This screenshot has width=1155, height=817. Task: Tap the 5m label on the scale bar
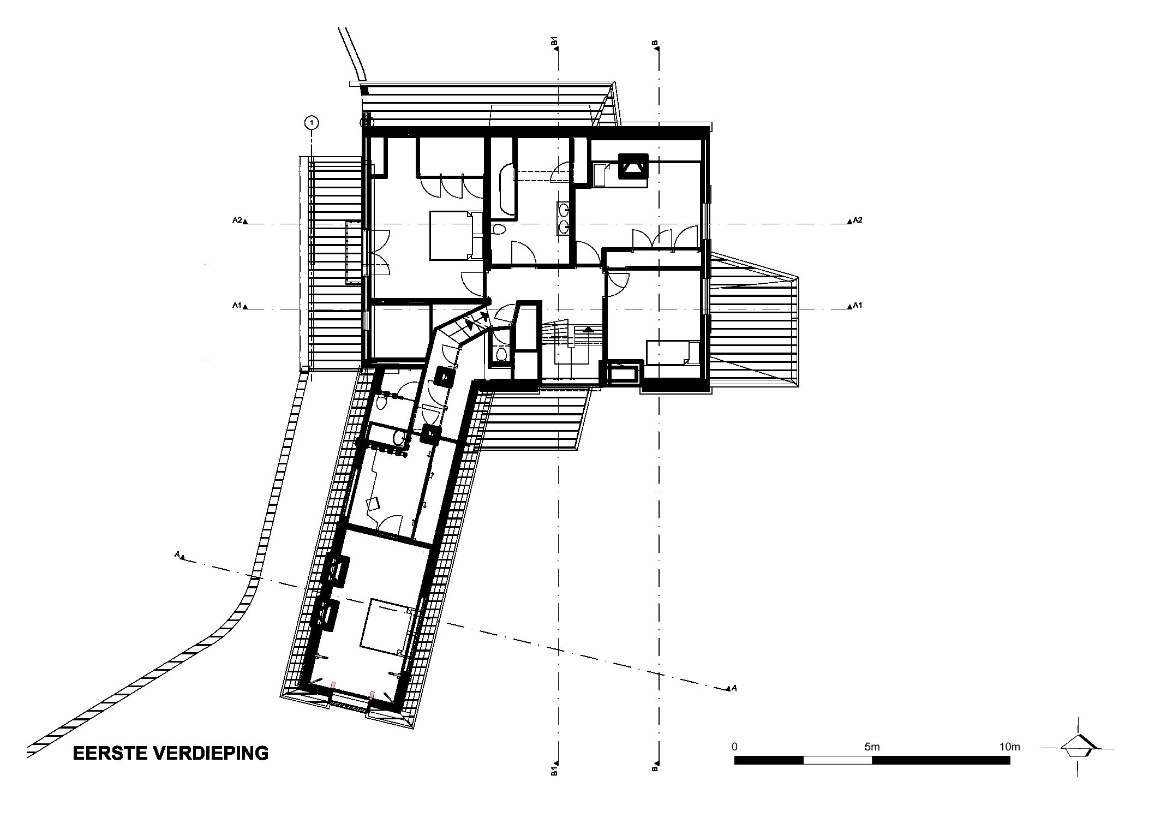pos(872,747)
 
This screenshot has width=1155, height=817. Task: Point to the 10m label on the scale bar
pos(1009,747)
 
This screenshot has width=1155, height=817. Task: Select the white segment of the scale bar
pos(837,760)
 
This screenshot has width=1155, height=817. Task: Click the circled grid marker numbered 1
pos(312,123)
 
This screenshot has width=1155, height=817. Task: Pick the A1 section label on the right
pos(858,306)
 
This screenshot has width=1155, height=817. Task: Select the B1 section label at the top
pos(554,41)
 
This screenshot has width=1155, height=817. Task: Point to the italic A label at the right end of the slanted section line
pos(734,689)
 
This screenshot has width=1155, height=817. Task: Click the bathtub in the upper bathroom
pos(505,189)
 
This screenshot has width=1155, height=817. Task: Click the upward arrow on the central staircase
pos(588,330)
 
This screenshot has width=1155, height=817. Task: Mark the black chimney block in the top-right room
pos(632,165)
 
